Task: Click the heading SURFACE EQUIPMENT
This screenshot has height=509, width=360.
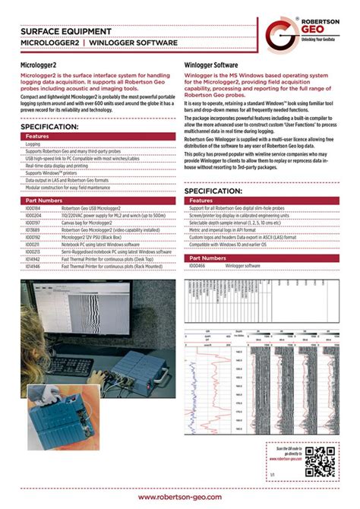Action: (x=66, y=32)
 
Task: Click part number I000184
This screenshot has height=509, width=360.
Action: (x=35, y=207)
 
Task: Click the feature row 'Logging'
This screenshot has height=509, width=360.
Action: (x=33, y=144)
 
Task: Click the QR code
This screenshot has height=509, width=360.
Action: (x=324, y=460)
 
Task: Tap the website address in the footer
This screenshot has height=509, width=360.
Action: (x=180, y=495)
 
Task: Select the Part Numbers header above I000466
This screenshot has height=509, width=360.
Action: (x=207, y=258)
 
